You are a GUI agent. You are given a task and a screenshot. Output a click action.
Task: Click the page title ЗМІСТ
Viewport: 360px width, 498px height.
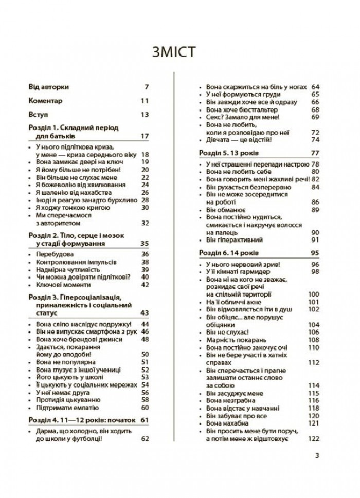(179, 53)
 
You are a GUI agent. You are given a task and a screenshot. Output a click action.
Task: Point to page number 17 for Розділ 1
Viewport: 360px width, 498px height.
(144, 136)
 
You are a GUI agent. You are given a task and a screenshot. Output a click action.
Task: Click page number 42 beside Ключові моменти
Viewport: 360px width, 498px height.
(144, 284)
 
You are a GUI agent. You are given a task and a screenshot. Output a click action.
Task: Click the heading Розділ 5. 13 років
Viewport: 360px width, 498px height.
(230, 153)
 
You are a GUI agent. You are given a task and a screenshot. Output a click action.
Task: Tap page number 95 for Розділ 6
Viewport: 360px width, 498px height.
(315, 252)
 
